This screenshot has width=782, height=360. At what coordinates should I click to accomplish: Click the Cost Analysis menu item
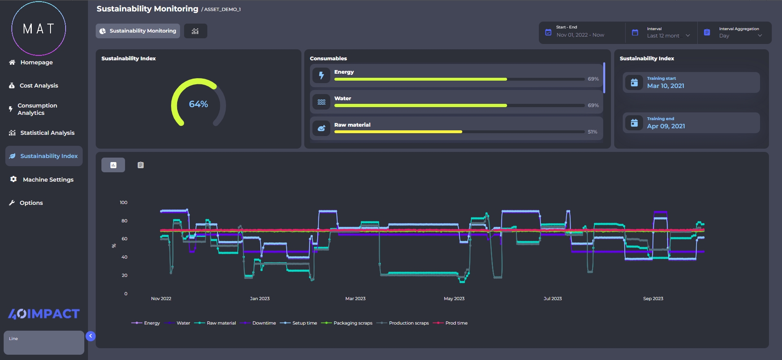[x=39, y=86]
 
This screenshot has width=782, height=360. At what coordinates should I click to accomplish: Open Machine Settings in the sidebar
[x=48, y=180]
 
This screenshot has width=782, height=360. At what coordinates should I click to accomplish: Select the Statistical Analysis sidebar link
[x=47, y=133]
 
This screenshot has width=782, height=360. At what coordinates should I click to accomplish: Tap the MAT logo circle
[x=39, y=29]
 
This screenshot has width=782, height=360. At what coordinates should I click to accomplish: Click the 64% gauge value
[x=198, y=104]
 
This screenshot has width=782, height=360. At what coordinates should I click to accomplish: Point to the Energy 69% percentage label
[x=593, y=79]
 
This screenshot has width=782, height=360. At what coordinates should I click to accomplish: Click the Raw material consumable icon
[x=321, y=128]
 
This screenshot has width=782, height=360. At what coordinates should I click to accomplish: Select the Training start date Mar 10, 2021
[x=666, y=86]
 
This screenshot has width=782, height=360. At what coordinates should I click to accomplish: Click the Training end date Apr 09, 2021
[x=666, y=126]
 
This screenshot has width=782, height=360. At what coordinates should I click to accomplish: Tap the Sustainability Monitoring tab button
[x=138, y=31]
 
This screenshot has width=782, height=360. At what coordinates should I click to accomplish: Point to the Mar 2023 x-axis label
[x=355, y=299]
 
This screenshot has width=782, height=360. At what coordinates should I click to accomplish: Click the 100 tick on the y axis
[x=123, y=202]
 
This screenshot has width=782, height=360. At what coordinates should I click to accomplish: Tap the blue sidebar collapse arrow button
[x=90, y=336]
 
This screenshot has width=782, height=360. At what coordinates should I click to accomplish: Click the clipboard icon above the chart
[x=141, y=165]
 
